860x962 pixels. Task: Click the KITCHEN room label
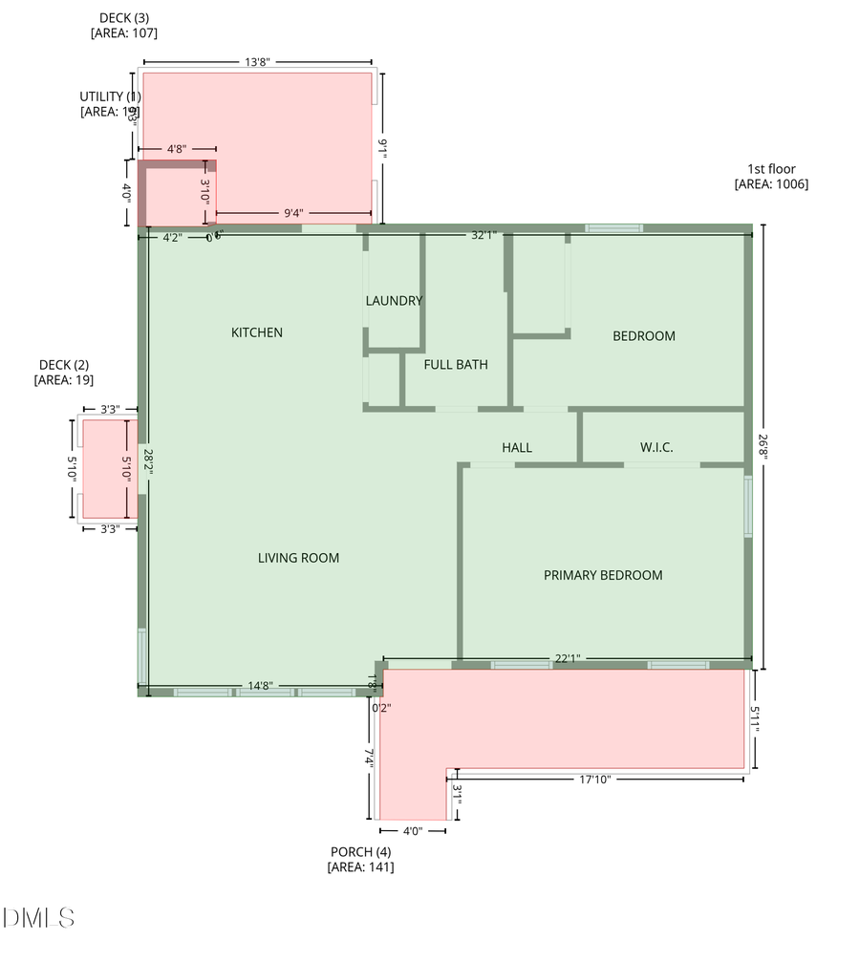[257, 332]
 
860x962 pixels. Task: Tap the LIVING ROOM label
[298, 558]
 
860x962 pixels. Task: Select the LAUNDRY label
[394, 301]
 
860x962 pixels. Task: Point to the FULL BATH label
[456, 364]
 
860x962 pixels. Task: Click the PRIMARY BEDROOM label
[603, 575]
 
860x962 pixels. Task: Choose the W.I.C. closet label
[657, 447]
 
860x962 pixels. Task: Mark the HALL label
[517, 447]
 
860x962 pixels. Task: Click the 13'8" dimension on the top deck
[257, 62]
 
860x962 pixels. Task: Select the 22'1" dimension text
[568, 658]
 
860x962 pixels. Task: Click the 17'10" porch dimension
[593, 780]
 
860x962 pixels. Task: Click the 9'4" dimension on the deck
[294, 214]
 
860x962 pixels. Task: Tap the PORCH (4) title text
[360, 851]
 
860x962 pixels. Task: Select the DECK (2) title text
[64, 365]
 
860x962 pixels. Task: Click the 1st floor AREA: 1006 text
[771, 184]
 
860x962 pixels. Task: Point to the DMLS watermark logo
[38, 919]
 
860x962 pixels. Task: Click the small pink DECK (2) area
[103, 468]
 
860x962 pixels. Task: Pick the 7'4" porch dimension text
[368, 759]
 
